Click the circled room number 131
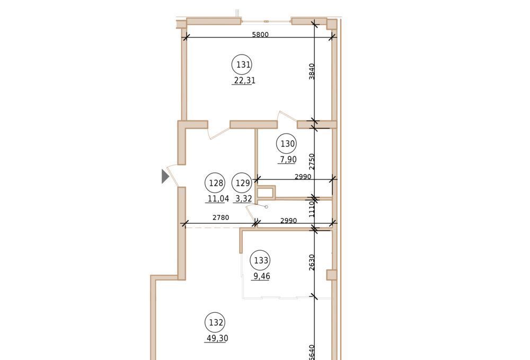tap(242, 65)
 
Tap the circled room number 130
tap(287, 144)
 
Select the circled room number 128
tap(215, 183)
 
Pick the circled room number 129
tap(242, 183)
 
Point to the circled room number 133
tap(260, 260)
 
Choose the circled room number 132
tap(215, 322)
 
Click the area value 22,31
tap(244, 81)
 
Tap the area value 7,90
tap(288, 159)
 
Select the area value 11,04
tap(218, 198)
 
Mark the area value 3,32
tap(244, 198)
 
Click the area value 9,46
tap(262, 276)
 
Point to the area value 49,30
tap(217, 338)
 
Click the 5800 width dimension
tap(260, 34)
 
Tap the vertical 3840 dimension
tap(312, 72)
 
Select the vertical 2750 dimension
tap(312, 162)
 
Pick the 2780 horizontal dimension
tap(220, 218)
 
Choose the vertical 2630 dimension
tap(312, 262)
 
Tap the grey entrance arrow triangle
tap(165, 176)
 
